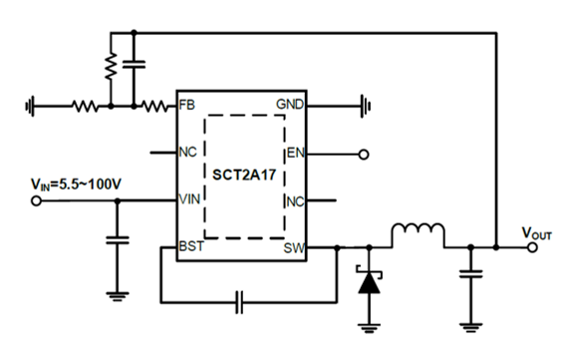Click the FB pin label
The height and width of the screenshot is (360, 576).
pyautogui.click(x=186, y=104)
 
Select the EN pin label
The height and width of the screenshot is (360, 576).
pyautogui.click(x=294, y=154)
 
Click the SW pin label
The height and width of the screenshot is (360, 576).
pyautogui.click(x=293, y=246)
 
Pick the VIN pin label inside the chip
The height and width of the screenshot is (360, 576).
pyautogui.click(x=189, y=199)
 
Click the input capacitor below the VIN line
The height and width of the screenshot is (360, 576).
pyautogui.click(x=119, y=240)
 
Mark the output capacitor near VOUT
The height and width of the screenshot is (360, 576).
pyautogui.click(x=469, y=271)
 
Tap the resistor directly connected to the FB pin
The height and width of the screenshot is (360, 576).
pyautogui.click(x=154, y=104)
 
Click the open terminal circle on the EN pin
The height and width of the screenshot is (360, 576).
pyautogui.click(x=363, y=155)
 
